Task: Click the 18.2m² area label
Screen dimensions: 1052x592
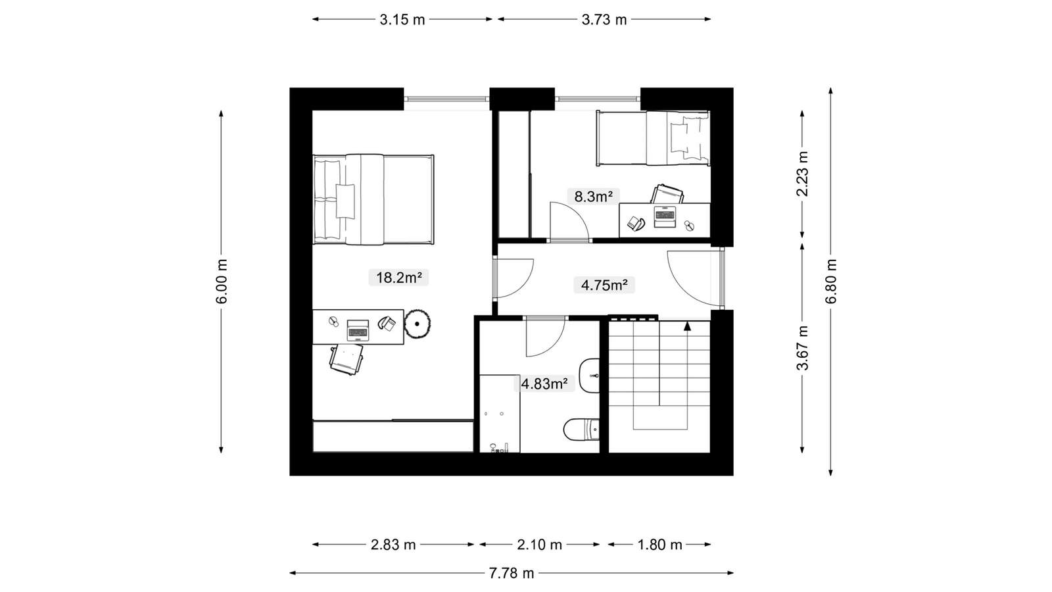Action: [398, 278]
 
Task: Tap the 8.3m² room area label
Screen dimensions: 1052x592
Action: [594, 197]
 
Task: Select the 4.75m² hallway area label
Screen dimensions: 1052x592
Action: [604, 285]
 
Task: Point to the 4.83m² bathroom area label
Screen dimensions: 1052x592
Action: [544, 384]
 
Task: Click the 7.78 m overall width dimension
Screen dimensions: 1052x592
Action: [512, 573]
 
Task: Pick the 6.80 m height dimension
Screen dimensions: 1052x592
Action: [831, 282]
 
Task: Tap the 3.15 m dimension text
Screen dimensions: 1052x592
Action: [402, 20]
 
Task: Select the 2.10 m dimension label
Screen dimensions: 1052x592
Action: [540, 545]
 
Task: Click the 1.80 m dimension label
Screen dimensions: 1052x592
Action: [660, 545]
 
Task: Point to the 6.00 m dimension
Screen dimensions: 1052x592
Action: [222, 282]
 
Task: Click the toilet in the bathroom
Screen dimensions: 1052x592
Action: [581, 429]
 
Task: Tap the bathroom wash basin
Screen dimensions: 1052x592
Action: [589, 376]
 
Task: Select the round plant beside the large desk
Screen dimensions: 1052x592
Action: [417, 324]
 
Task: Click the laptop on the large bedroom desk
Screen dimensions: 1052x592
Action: [358, 330]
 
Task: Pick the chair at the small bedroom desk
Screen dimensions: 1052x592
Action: [667, 193]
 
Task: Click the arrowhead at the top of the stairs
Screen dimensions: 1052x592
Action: [688, 326]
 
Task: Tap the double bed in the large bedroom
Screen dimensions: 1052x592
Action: [373, 199]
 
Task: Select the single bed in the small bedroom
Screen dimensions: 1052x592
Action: [653, 138]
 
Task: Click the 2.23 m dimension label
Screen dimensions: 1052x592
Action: [803, 174]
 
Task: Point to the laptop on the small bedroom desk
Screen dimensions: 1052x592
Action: [665, 217]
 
